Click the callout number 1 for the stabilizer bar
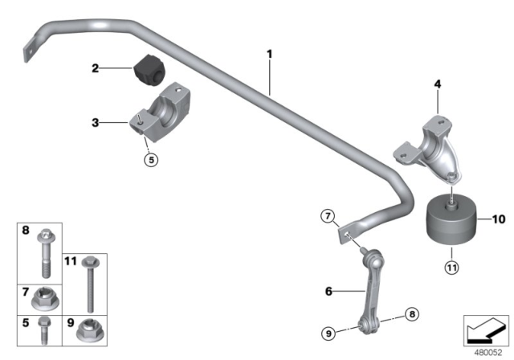(270, 55)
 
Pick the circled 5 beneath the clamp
(149, 158)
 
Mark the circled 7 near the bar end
(327, 215)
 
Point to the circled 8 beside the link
(411, 314)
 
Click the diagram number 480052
(485, 350)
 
